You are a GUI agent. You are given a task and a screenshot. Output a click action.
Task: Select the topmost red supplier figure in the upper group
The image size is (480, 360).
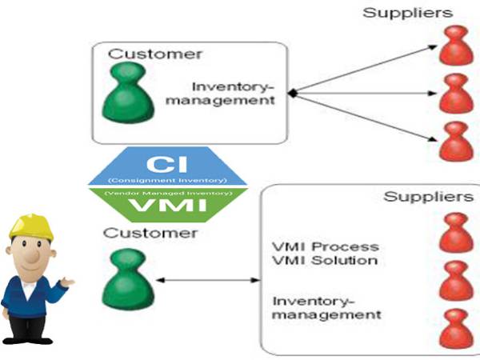pos(454,46)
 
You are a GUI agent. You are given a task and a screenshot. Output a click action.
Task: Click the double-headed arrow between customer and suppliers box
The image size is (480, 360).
pos(208,281)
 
